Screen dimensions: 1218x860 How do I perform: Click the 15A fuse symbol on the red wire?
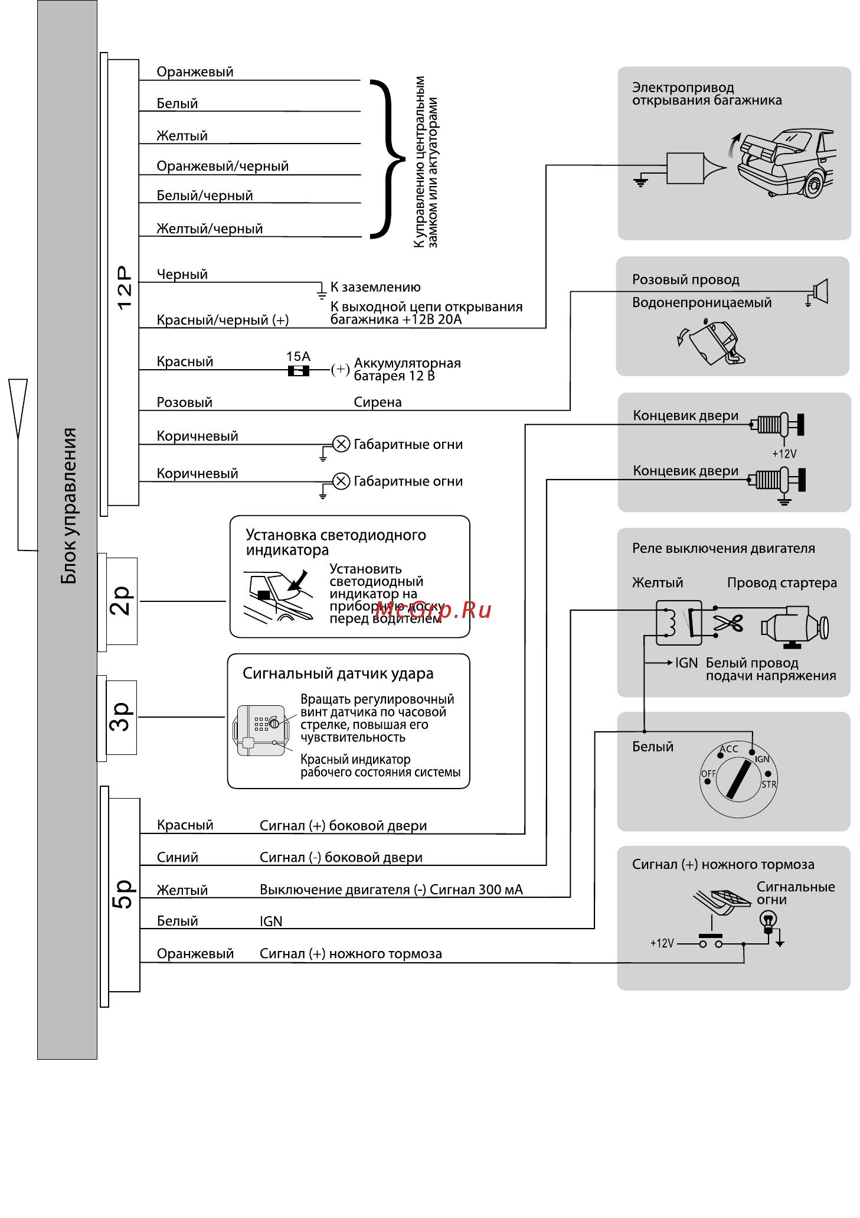pos(298,370)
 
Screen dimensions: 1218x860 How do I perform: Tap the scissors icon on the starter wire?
pos(728,623)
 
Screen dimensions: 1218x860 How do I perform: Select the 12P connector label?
pos(125,288)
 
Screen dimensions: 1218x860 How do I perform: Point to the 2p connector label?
pos(122,601)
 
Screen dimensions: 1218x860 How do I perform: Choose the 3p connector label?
pos(121,717)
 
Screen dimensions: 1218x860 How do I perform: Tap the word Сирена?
pos(378,402)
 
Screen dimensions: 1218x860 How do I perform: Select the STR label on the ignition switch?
pos(769,784)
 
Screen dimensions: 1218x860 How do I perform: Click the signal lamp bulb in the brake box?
pos(768,920)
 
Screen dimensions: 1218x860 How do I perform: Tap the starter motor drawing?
pos(794,626)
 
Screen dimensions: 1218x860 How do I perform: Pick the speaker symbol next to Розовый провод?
pos(820,290)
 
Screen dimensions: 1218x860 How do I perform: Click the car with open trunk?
pos(786,162)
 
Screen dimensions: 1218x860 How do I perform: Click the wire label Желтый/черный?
pos(210,229)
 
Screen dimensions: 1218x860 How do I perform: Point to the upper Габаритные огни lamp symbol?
pos(341,444)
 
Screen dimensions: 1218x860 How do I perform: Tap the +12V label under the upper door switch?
pos(784,454)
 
